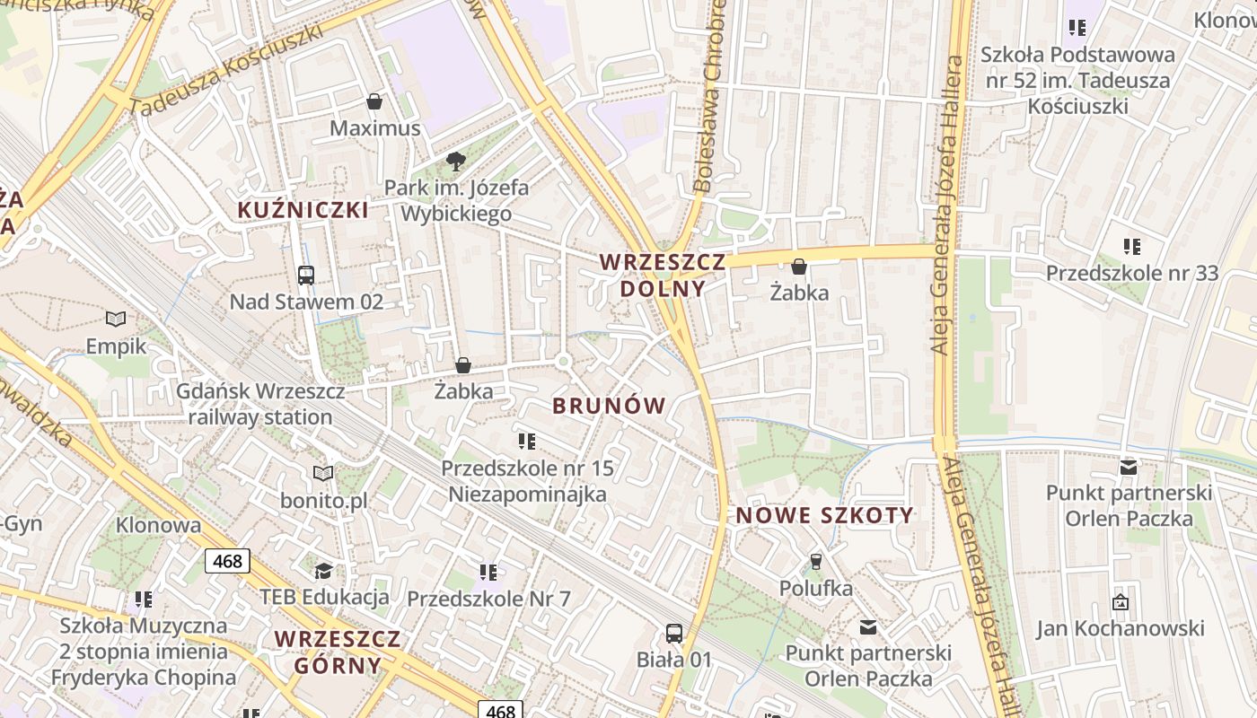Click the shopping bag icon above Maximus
374,101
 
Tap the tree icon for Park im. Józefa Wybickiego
456,162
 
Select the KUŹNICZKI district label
303,210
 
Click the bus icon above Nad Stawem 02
306,276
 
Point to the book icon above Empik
116,319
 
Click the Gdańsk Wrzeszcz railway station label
260,405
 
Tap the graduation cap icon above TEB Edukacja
323,571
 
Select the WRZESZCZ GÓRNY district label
338,652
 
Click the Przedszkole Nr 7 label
488,599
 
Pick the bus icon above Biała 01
674,633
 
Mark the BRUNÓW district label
609,406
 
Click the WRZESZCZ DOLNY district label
663,276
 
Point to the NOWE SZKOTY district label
824,516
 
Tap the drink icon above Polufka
815,562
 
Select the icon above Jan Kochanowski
1120,602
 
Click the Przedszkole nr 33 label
1131,273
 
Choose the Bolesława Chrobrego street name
709,99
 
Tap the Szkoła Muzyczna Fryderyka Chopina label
144,652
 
